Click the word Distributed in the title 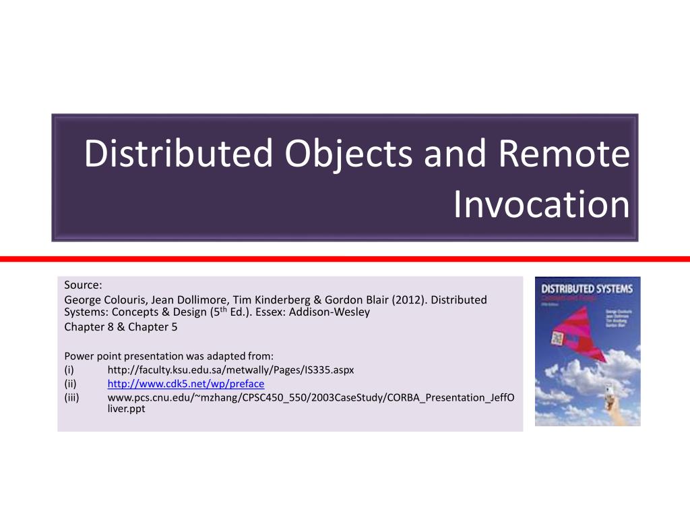click(178, 154)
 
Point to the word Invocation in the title click(541, 204)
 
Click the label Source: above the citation click(83, 284)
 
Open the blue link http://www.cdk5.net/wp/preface click(186, 384)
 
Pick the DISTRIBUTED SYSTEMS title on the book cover click(587, 289)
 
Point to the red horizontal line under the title click(345, 259)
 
